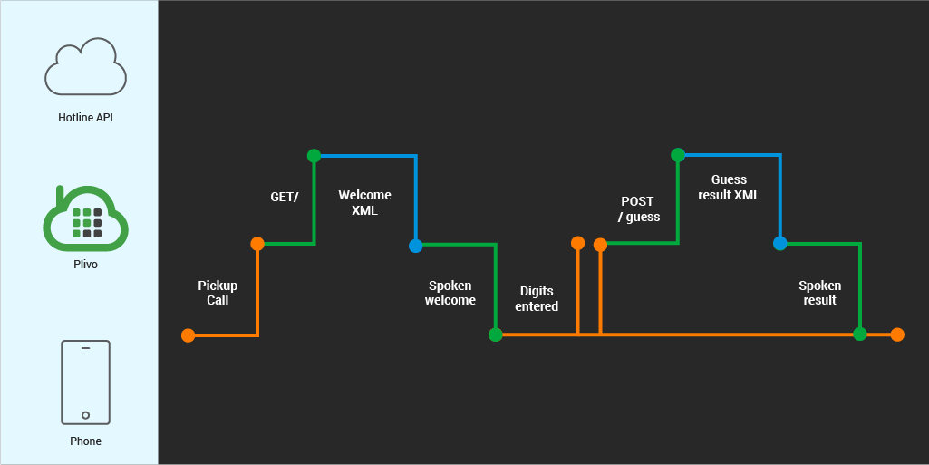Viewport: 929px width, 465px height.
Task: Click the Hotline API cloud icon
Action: click(85, 67)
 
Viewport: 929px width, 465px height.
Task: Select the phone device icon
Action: click(85, 382)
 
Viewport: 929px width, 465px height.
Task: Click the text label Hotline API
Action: click(85, 118)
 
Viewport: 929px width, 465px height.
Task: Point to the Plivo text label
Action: click(85, 265)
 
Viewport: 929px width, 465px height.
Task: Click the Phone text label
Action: click(85, 441)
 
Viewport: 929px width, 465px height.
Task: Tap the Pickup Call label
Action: click(218, 293)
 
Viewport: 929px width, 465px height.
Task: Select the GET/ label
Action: click(284, 197)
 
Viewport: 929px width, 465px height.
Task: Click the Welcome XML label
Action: click(364, 203)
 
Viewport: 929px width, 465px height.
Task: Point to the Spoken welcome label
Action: click(450, 293)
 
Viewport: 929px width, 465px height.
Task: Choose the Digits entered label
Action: click(537, 299)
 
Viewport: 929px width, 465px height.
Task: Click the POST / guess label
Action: click(638, 209)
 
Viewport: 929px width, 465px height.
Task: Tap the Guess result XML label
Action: click(729, 188)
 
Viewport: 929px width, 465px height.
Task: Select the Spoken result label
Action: click(819, 293)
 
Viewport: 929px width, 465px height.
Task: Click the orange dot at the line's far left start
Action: click(188, 335)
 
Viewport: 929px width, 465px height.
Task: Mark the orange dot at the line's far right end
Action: click(897, 334)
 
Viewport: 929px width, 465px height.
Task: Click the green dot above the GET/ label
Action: click(314, 156)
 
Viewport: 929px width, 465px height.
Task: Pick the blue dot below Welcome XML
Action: click(415, 246)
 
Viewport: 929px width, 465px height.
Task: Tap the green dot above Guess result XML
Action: click(678, 155)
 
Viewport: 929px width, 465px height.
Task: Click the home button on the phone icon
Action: click(85, 415)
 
